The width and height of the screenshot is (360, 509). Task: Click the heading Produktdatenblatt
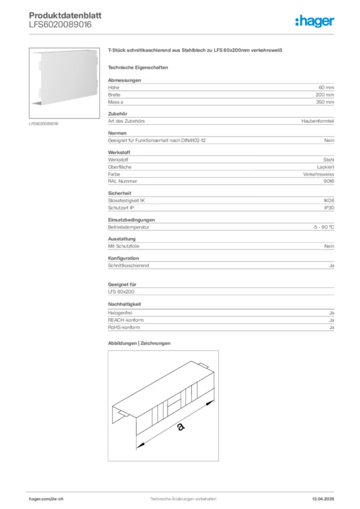[x=65, y=15]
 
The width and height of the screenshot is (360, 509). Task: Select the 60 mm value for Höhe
[x=326, y=87]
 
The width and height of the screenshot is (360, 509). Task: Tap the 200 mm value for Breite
[x=325, y=94]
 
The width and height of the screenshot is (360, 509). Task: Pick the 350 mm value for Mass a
[x=325, y=102]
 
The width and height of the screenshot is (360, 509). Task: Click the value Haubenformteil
[x=318, y=121]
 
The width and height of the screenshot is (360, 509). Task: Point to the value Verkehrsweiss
[x=319, y=174]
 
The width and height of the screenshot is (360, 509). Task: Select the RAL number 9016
[x=329, y=181]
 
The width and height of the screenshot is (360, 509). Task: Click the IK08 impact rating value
[x=329, y=201]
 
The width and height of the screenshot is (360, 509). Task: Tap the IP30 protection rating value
[x=329, y=208]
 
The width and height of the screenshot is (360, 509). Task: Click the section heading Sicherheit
[x=120, y=193]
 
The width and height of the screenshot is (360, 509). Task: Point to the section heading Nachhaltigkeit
[x=125, y=304]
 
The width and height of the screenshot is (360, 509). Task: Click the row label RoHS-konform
[x=124, y=328]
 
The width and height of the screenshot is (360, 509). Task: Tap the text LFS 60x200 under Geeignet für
[x=121, y=292]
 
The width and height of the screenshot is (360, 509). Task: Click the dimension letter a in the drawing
[x=180, y=426]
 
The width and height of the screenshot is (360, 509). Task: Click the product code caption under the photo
[x=44, y=123]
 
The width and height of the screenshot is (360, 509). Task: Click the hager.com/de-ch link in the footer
[x=46, y=499]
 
